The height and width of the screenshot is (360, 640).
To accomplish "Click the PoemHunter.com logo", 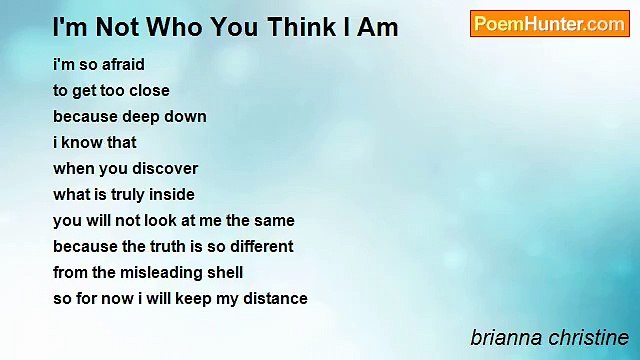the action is (549, 24).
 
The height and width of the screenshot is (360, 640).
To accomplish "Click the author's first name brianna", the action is (507, 338).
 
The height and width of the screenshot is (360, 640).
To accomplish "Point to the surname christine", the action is (588, 338).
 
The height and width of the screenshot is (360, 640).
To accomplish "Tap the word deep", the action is (142, 117).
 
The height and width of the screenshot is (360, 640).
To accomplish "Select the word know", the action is (76, 142).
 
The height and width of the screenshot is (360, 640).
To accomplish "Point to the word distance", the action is (275, 299).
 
